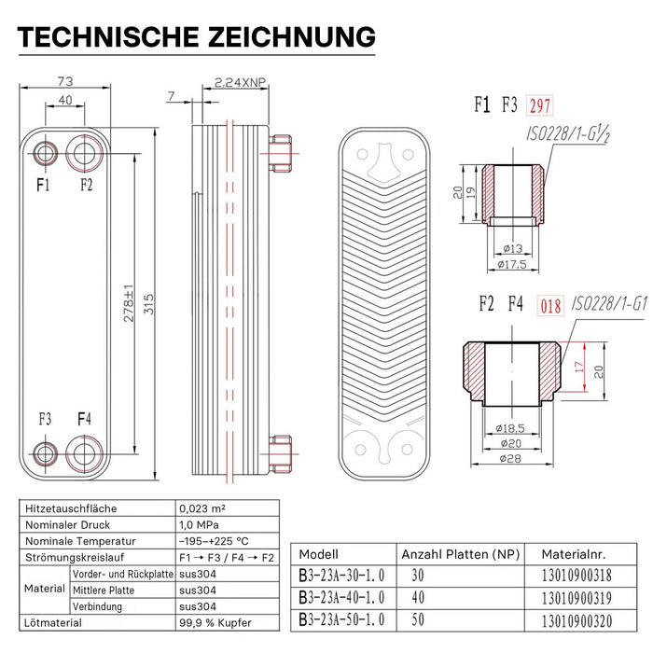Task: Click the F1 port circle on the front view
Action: click(x=45, y=153)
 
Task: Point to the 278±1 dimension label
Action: click(x=130, y=304)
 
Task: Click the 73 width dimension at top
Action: click(x=64, y=82)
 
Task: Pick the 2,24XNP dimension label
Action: click(x=240, y=82)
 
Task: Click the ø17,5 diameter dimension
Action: click(x=512, y=265)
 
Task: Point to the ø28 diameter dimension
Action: click(x=512, y=458)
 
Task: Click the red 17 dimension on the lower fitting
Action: click(x=578, y=368)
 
